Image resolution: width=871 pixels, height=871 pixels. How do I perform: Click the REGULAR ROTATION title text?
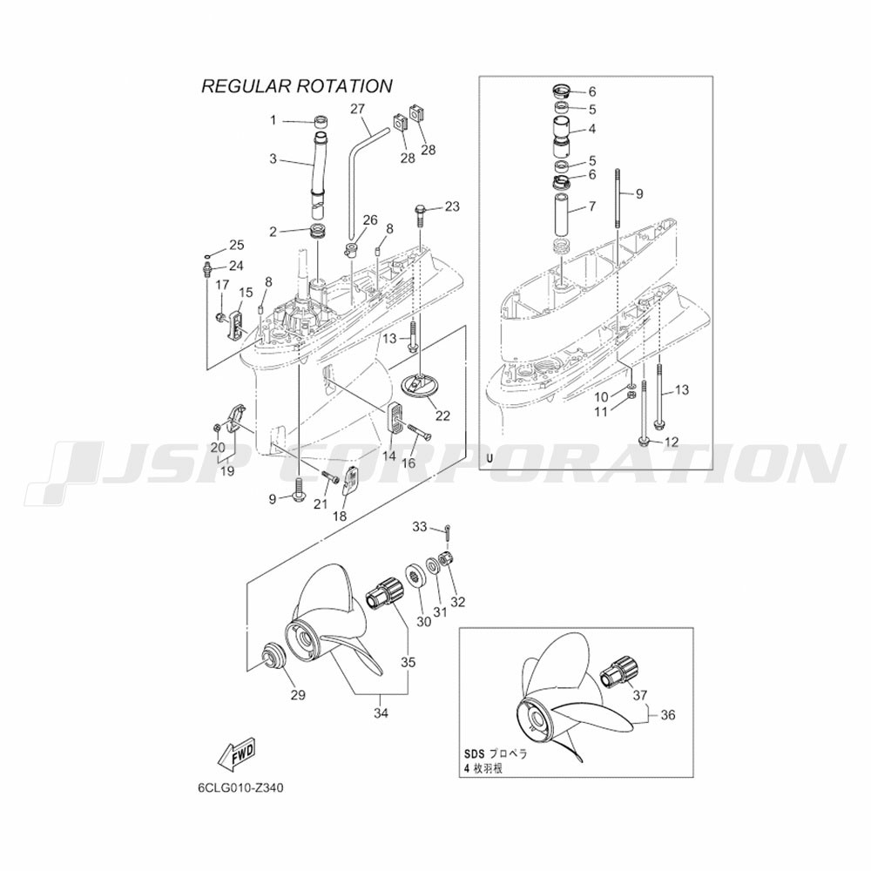(x=297, y=86)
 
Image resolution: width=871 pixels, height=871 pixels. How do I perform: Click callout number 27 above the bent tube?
(x=358, y=108)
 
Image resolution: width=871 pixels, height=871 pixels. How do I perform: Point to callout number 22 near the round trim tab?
(x=442, y=415)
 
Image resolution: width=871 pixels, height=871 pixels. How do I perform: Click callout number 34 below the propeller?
(x=381, y=713)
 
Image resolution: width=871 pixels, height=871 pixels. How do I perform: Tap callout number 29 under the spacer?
(x=298, y=694)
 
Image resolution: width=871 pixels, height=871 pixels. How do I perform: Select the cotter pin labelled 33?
(x=449, y=531)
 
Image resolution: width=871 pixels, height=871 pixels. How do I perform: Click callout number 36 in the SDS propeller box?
(x=668, y=714)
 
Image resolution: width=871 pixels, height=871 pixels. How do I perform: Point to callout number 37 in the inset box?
(x=640, y=694)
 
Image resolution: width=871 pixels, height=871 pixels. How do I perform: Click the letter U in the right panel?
(x=490, y=458)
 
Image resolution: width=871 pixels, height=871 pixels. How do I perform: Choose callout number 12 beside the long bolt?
(x=672, y=442)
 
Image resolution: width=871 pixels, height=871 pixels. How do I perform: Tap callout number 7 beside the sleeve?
(x=592, y=206)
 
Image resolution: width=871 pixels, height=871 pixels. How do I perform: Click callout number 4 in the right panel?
(x=592, y=129)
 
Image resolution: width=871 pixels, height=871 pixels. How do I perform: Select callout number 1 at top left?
(x=273, y=120)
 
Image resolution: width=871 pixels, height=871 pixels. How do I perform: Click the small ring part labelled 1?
(x=320, y=120)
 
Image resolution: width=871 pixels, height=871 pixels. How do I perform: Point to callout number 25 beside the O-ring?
(x=237, y=245)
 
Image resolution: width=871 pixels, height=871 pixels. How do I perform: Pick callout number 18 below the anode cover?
(x=340, y=516)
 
